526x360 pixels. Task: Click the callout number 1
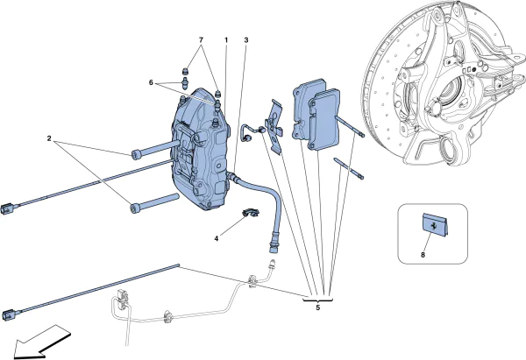(225, 40)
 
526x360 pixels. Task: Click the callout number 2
(51, 138)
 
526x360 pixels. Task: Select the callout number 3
(246, 40)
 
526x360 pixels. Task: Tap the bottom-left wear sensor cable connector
(11, 311)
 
